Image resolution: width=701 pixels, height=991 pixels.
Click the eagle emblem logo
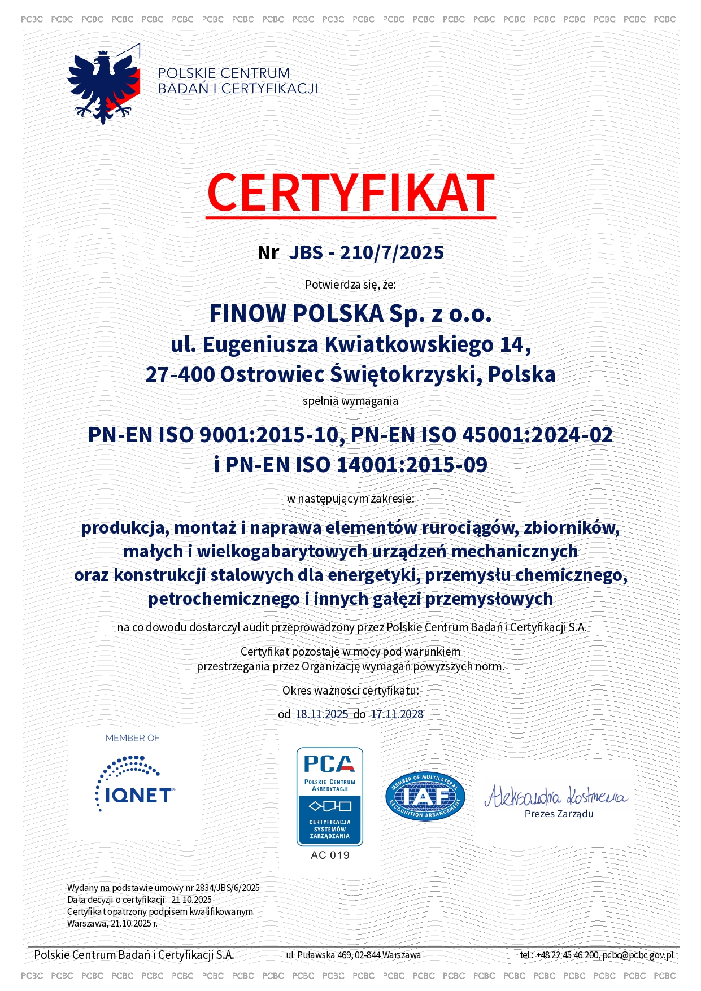point(103,85)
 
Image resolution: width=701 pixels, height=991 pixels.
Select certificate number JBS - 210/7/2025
point(366,252)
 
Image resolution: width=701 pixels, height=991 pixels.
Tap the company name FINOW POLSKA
point(297,314)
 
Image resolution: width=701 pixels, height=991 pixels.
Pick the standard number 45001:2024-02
point(537,435)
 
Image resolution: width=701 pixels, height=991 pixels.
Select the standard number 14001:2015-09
point(412,465)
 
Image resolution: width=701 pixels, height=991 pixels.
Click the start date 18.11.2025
point(322,714)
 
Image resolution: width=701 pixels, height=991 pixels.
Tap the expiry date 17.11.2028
point(397,714)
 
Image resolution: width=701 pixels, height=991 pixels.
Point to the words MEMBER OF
point(132,738)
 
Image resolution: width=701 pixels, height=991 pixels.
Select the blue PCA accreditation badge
point(330,796)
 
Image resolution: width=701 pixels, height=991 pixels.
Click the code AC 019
point(330,855)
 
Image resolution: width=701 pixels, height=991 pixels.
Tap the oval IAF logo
point(425,796)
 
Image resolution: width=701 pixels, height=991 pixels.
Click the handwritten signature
point(556,796)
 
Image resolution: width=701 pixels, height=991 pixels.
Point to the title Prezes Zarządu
point(559,814)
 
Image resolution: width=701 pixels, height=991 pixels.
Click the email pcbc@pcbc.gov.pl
point(638,955)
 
